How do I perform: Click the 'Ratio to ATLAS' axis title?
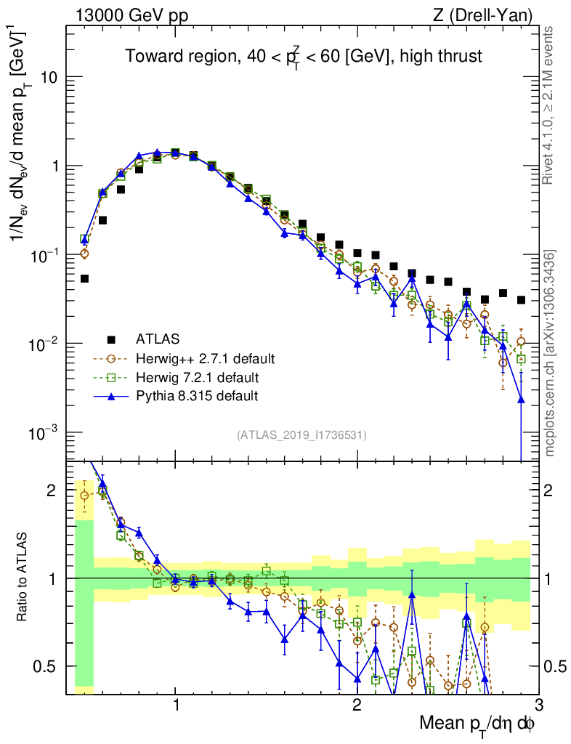[x=23, y=578]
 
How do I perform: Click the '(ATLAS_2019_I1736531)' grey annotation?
[x=301, y=435]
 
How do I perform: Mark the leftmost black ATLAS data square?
[x=84, y=278]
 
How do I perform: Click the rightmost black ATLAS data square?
[x=521, y=300]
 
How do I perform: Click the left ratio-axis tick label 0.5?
[x=49, y=666]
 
